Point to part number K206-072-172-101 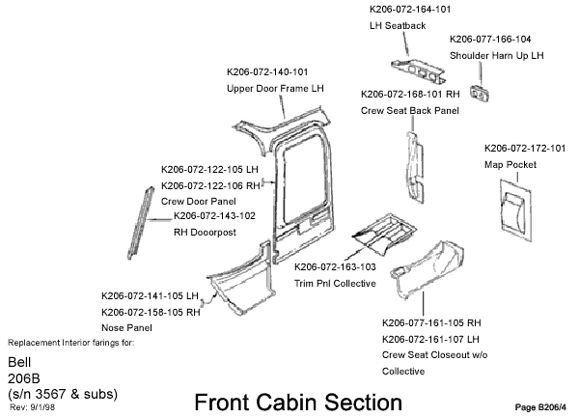(x=524, y=149)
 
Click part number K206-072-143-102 (x=214, y=215)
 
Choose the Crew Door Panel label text (x=198, y=201)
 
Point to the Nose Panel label (x=125, y=328)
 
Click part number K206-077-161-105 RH (x=431, y=322)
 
